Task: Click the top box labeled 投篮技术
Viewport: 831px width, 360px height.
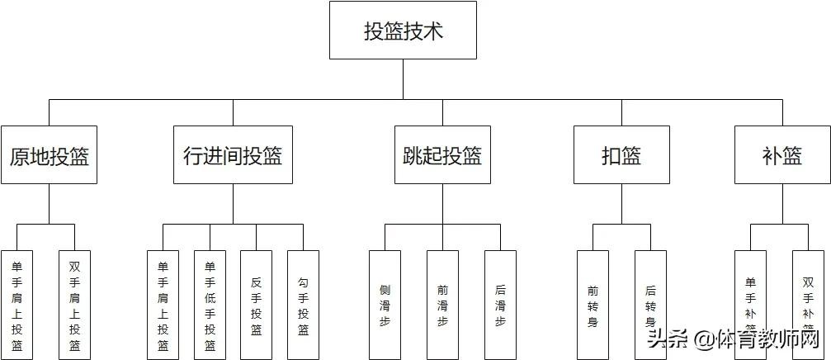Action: (x=403, y=31)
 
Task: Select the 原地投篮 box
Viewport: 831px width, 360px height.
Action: (x=49, y=155)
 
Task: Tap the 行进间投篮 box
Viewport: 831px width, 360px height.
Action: (x=233, y=155)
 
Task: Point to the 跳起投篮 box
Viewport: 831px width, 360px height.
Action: (x=441, y=155)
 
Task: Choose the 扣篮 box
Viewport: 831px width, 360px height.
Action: (x=621, y=155)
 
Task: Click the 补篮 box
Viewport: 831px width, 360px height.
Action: (x=781, y=155)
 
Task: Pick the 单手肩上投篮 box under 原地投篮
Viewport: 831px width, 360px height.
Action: (x=17, y=305)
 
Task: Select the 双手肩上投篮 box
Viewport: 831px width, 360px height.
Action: (x=74, y=305)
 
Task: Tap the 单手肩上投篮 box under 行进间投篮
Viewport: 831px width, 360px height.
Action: (x=163, y=305)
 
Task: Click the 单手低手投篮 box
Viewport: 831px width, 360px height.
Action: (x=210, y=305)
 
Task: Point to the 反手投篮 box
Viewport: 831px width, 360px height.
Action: (x=256, y=305)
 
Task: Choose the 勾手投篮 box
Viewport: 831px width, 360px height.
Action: (x=303, y=305)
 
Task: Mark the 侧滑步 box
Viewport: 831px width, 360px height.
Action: (x=385, y=305)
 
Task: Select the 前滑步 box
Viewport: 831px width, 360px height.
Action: (x=442, y=305)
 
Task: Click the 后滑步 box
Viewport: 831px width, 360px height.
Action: (x=500, y=305)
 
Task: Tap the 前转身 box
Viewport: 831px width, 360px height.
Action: (x=593, y=305)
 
